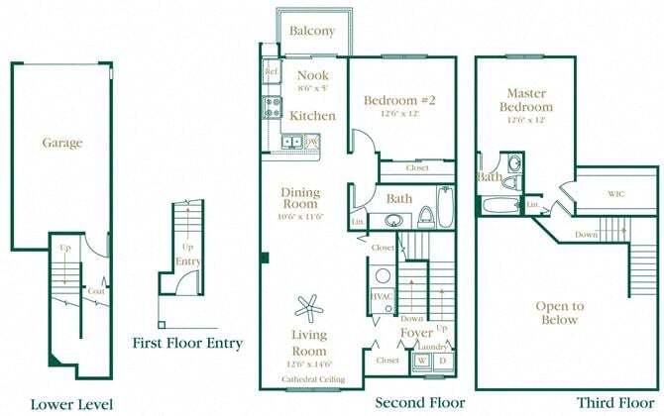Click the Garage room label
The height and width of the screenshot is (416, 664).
[61, 143]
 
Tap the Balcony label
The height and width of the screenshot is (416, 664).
[312, 31]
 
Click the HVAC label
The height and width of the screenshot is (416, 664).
[382, 296]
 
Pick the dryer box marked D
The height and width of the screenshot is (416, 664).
[441, 361]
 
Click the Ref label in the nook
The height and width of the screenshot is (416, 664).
[271, 72]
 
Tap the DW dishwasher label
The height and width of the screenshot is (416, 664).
[311, 142]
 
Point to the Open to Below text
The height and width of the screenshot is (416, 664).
[559, 313]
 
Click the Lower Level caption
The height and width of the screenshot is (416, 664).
[71, 404]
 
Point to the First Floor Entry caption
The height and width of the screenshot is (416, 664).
[187, 344]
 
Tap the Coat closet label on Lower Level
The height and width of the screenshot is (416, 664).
[96, 290]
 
